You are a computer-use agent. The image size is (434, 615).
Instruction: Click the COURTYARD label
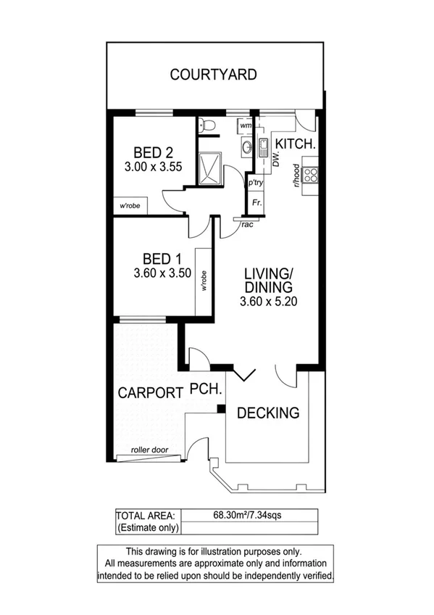(x=213, y=74)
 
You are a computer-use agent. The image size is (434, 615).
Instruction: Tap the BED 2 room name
(x=152, y=152)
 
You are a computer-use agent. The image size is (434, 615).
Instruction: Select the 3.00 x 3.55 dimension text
(x=152, y=166)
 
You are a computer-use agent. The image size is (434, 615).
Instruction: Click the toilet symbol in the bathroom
(x=209, y=125)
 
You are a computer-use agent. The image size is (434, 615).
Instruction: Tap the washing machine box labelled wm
(x=245, y=125)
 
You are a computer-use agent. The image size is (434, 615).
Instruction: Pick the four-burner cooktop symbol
(x=311, y=174)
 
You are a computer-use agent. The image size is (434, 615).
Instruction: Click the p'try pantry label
(x=254, y=183)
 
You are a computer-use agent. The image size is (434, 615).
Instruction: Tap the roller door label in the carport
(x=149, y=450)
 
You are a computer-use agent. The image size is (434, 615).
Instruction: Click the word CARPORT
(x=149, y=393)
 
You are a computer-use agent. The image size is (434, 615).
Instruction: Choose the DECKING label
(x=268, y=413)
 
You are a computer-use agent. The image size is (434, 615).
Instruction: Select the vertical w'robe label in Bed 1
(x=204, y=280)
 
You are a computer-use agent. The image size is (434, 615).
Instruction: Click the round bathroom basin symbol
(x=248, y=148)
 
